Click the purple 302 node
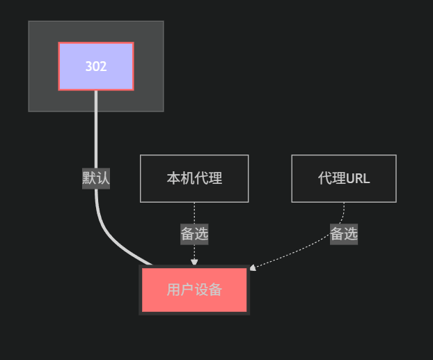(96, 66)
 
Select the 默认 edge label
(96, 178)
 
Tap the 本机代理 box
(194, 178)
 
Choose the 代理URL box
(343, 178)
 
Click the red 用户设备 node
(194, 290)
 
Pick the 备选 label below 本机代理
(194, 234)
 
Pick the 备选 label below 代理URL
(343, 234)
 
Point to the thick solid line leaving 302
(96, 132)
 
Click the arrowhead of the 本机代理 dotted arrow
(194, 263)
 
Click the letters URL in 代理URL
(358, 178)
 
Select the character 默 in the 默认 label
(89, 178)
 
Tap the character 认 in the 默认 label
(103, 178)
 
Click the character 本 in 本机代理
(173, 178)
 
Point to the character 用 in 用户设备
(173, 290)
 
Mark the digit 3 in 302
(88, 67)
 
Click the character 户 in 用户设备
(187, 290)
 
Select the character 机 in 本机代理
(187, 178)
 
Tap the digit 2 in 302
(103, 67)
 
